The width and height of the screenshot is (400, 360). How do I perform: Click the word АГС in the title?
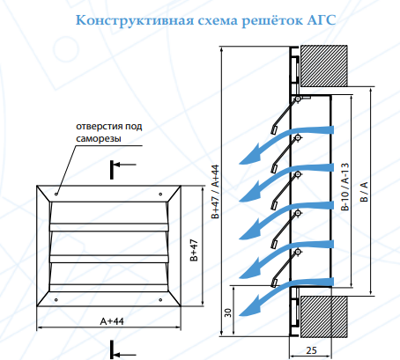tap(322, 20)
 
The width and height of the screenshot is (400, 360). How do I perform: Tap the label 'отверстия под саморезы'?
tap(109, 132)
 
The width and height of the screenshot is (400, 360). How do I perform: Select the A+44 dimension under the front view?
tap(112, 321)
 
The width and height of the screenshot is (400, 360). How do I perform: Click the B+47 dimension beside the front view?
tap(194, 250)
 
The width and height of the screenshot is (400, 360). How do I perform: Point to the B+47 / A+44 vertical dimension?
tap(215, 192)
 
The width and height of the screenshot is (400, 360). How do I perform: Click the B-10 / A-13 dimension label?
tap(345, 187)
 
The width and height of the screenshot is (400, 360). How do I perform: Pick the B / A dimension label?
tap(364, 192)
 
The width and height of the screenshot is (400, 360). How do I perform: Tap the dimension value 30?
tap(228, 312)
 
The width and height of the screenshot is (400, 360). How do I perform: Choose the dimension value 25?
tap(312, 350)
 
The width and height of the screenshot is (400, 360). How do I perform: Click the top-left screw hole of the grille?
tap(56, 194)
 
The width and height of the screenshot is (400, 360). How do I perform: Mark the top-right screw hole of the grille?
tap(160, 194)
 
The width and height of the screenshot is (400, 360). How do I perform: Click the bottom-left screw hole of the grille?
tap(56, 299)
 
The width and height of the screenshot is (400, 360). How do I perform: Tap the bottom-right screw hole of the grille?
tap(160, 299)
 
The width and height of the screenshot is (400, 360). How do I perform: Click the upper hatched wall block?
tap(323, 66)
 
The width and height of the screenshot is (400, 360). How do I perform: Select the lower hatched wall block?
tap(323, 316)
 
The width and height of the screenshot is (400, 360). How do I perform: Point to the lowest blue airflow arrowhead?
tap(249, 306)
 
